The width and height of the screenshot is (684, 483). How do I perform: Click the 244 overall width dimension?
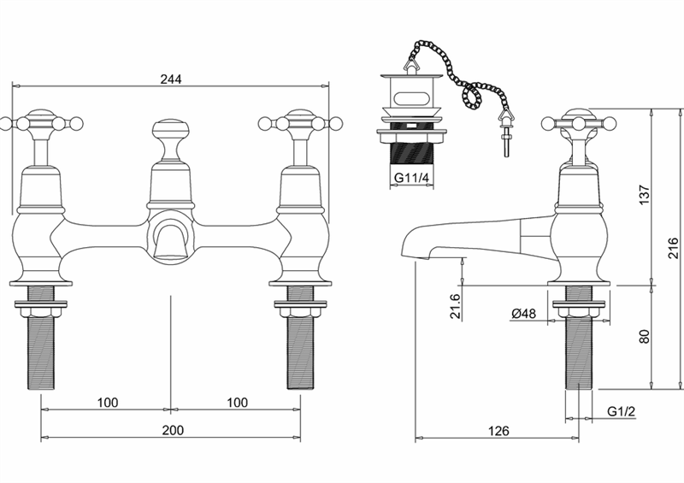point(171,79)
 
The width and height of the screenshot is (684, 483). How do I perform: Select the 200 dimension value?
point(174,430)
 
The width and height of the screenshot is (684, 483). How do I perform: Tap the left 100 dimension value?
point(108,403)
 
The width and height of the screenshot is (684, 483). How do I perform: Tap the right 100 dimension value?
point(238,403)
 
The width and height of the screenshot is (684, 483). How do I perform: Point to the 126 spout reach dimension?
point(498,431)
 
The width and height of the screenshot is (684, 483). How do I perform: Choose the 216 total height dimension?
point(674,248)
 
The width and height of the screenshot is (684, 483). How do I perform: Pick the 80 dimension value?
point(644,337)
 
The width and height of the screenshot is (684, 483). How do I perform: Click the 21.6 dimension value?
point(455,306)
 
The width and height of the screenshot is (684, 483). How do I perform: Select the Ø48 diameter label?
point(523,313)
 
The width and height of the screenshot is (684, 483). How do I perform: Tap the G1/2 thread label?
point(622,411)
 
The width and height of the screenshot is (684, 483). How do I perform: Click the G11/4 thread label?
point(412,178)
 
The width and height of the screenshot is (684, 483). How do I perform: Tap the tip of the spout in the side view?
point(416,257)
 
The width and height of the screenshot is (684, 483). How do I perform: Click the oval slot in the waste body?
point(410,97)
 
